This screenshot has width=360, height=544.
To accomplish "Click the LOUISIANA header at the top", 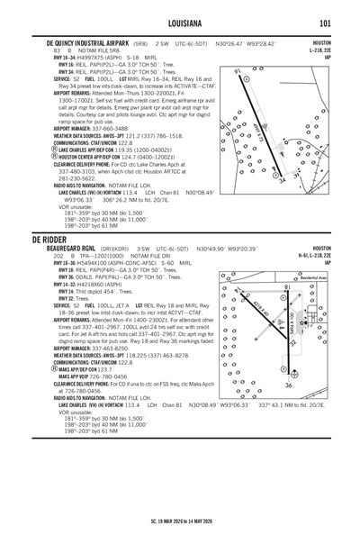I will (x=180, y=23).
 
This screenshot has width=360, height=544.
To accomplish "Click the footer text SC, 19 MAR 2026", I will (x=180, y=523).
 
